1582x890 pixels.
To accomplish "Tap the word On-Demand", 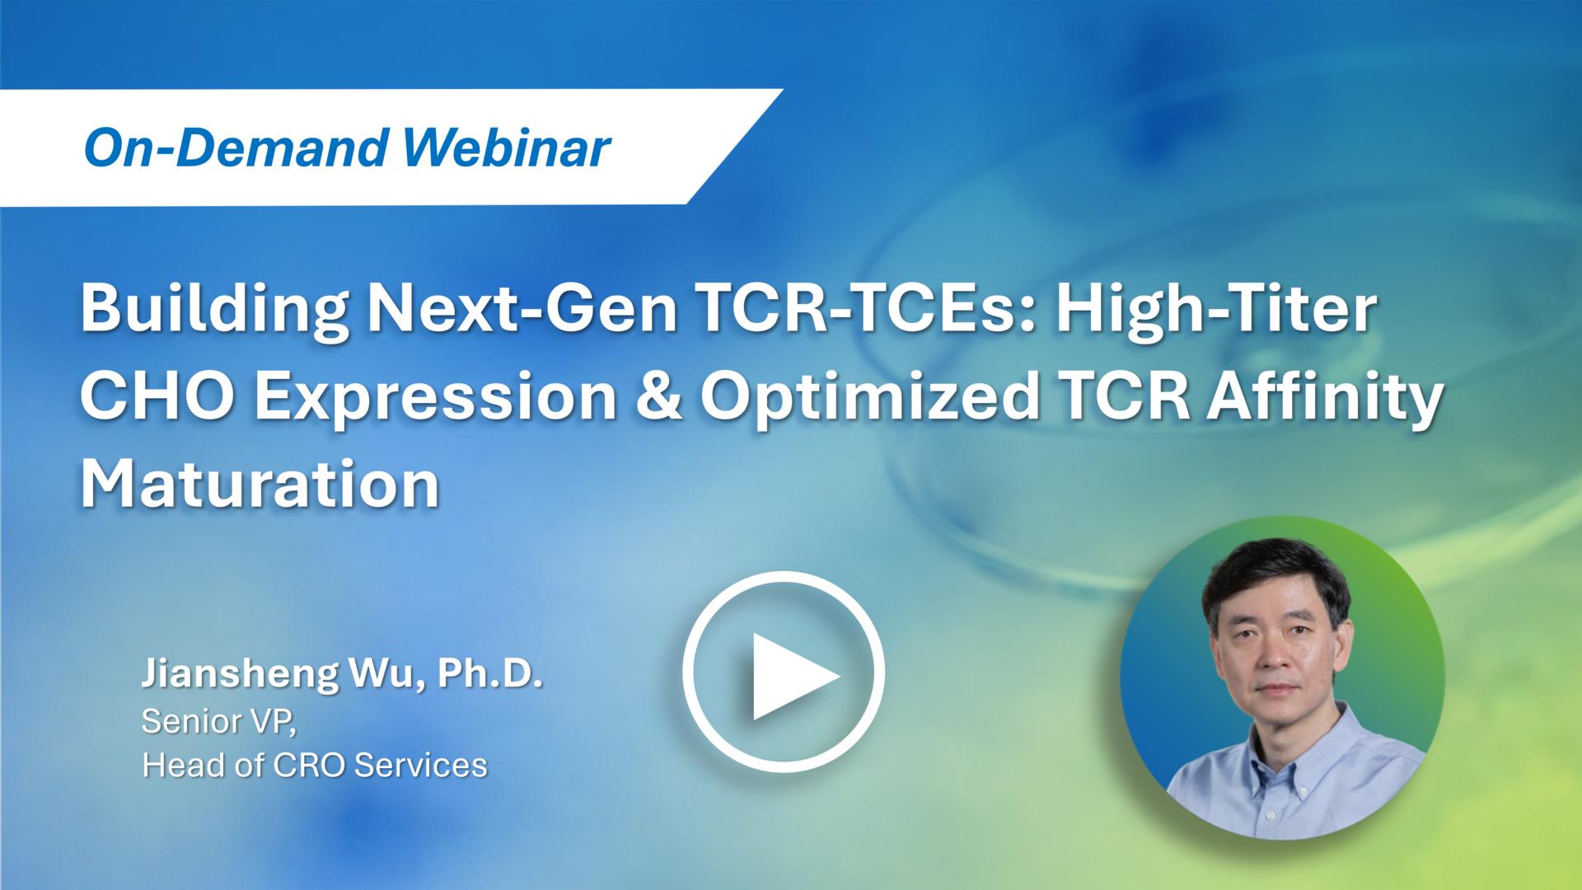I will (236, 148).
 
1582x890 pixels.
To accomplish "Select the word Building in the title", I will (214, 309).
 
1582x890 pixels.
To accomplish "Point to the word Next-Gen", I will (522, 309).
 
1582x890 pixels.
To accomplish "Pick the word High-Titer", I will (1216, 309).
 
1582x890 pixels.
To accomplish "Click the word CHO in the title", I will (157, 396).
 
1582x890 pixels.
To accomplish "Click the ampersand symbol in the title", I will (659, 396).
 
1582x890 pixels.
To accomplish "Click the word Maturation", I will (260, 485).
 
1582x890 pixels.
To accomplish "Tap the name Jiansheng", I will (239, 674).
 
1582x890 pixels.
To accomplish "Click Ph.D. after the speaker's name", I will (489, 672).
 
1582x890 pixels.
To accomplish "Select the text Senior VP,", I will (218, 722).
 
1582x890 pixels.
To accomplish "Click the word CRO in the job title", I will (308, 766).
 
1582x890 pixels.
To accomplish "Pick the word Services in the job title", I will (420, 766).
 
